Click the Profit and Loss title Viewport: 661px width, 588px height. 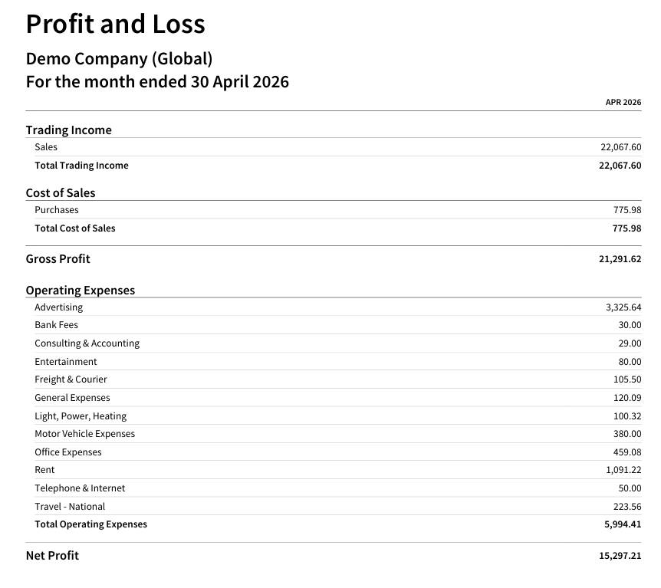(x=116, y=24)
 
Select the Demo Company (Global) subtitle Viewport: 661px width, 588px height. (x=120, y=58)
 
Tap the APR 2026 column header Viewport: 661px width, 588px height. (x=623, y=103)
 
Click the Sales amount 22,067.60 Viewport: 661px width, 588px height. (x=621, y=147)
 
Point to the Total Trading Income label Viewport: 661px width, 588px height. (x=81, y=166)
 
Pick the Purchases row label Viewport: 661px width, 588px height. (x=57, y=210)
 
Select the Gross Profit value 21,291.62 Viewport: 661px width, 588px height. (x=620, y=259)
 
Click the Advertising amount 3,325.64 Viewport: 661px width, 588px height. (x=624, y=307)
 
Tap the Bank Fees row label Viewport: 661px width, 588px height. (x=57, y=325)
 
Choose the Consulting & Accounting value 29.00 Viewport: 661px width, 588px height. (x=630, y=343)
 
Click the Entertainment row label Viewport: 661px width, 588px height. (x=66, y=362)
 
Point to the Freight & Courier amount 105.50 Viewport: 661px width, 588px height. (x=627, y=379)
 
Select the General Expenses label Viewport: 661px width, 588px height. (x=73, y=398)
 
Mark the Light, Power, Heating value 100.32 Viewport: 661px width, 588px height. (x=627, y=416)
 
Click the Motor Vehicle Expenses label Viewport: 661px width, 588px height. (x=84, y=434)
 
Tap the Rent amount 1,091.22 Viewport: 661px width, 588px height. (x=624, y=470)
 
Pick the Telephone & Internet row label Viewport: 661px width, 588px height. (x=80, y=488)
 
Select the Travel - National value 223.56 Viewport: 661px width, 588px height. (x=627, y=507)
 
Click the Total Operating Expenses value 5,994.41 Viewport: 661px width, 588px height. (x=623, y=524)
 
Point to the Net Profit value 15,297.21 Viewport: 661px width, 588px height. (x=620, y=556)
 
